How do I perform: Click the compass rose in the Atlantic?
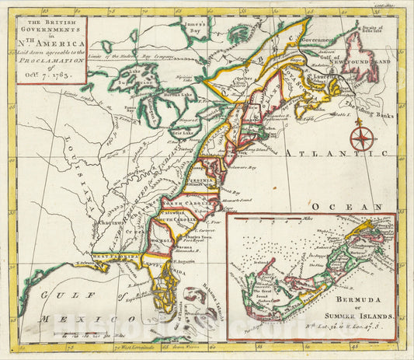click(362, 139)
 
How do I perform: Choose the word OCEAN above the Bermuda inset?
click(350, 206)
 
